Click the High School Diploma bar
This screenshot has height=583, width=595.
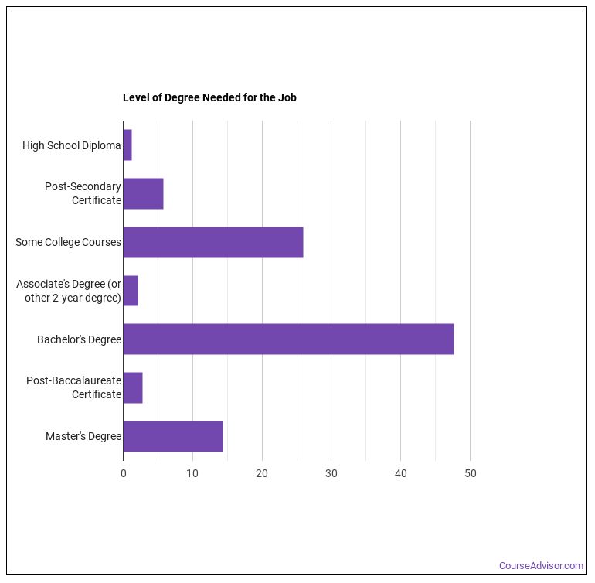(x=127, y=145)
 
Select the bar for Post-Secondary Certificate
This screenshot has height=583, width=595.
(x=143, y=193)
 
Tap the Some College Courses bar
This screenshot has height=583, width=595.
(x=212, y=242)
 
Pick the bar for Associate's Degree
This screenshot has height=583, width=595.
(x=131, y=291)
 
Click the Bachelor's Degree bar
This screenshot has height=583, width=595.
(x=288, y=339)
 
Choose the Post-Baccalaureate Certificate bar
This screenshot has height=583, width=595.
(x=133, y=387)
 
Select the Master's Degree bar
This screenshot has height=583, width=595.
(x=173, y=436)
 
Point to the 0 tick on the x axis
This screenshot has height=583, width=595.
(x=124, y=473)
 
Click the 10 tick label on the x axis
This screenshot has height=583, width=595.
(x=192, y=473)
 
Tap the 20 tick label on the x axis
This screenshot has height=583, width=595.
(x=262, y=473)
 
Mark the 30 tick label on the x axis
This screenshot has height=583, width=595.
(x=331, y=473)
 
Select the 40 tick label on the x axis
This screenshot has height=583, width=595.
(x=401, y=473)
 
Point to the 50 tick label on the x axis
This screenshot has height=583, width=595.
(x=470, y=473)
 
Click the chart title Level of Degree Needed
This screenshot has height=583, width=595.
(x=209, y=97)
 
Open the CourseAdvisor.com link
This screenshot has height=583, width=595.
(x=541, y=566)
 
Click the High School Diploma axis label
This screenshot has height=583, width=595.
(x=72, y=145)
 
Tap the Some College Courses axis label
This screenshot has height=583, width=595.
(x=68, y=242)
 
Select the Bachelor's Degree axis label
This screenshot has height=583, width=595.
(x=79, y=339)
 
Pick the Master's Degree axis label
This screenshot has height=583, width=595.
(x=83, y=436)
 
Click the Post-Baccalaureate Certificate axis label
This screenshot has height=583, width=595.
(x=74, y=387)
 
